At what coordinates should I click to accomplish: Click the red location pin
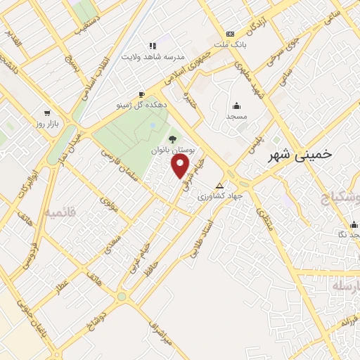tap(181, 167)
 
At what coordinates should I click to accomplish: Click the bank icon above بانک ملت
tap(230, 34)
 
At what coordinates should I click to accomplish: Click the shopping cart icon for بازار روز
tap(47, 112)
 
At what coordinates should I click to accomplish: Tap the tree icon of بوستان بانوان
tap(172, 138)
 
